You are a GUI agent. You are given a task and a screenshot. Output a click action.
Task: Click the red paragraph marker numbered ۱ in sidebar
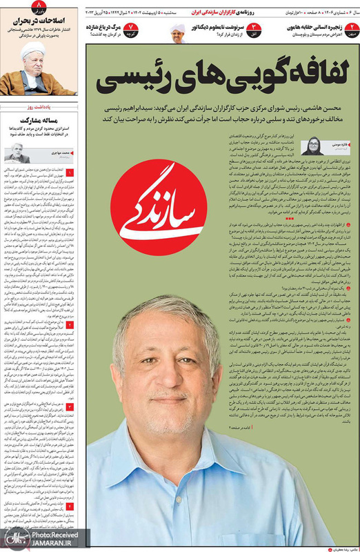coord(72,170)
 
